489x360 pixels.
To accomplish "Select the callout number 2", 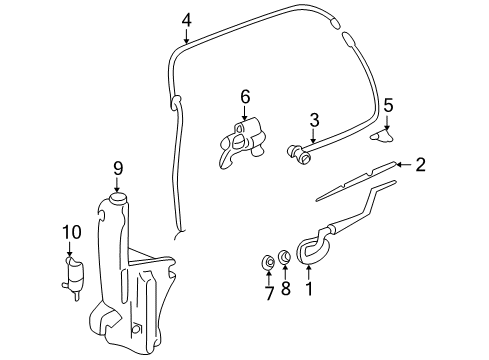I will coord(421,164).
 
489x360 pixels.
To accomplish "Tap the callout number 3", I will coord(313,119).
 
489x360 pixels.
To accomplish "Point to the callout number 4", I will coord(186,18).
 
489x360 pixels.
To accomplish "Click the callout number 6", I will coord(243,96).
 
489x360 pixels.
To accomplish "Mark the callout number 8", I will coord(285,293).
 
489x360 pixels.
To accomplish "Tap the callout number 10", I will coord(70,233).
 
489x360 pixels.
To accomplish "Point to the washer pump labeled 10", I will coord(72,274).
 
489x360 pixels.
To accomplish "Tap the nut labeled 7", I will coord(267,263).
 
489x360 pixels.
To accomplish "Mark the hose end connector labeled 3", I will coord(296,153).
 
